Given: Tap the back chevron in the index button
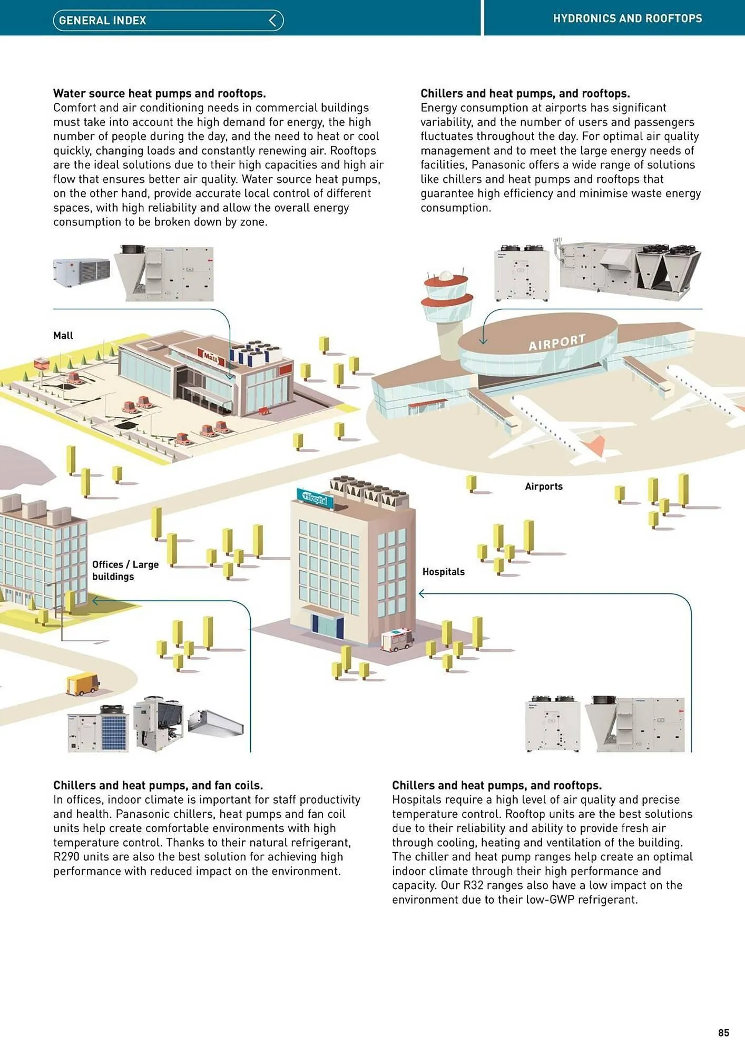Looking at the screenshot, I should pyautogui.click(x=272, y=21).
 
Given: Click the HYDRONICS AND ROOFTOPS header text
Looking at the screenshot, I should pyautogui.click(x=627, y=18).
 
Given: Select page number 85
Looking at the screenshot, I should pyautogui.click(x=723, y=1032).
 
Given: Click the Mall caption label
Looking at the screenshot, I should pyautogui.click(x=63, y=336).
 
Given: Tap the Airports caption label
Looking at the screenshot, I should pyautogui.click(x=543, y=486).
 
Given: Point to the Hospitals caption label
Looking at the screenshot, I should pyautogui.click(x=443, y=572).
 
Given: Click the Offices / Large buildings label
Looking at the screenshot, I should pyautogui.click(x=125, y=570).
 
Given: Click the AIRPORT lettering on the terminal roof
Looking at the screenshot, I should pyautogui.click(x=557, y=342).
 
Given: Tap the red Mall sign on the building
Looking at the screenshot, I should pyautogui.click(x=211, y=357).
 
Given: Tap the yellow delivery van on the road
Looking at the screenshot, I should pyautogui.click(x=83, y=684).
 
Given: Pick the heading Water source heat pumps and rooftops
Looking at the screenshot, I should pyautogui.click(x=159, y=93).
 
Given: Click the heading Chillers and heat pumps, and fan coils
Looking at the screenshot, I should pyautogui.click(x=158, y=785).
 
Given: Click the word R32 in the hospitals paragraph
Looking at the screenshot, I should pyautogui.click(x=473, y=885).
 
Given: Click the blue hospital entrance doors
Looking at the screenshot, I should pyautogui.click(x=327, y=626).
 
